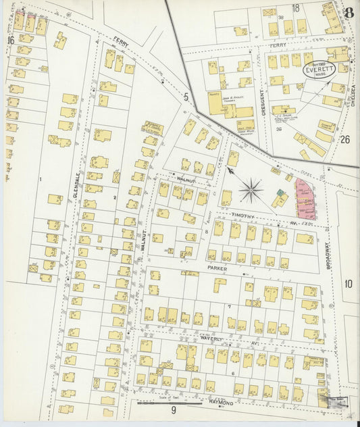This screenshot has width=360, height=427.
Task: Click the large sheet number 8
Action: tap(348, 13)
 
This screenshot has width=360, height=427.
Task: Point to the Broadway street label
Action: tap(330, 257)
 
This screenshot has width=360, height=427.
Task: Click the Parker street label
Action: tap(217, 268)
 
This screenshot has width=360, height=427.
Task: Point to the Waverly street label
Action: tap(211, 338)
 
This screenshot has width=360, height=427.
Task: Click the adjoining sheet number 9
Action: tap(173, 410)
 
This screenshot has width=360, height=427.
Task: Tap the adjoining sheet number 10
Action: tap(348, 283)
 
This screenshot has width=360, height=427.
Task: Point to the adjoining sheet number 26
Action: tap(346, 140)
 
